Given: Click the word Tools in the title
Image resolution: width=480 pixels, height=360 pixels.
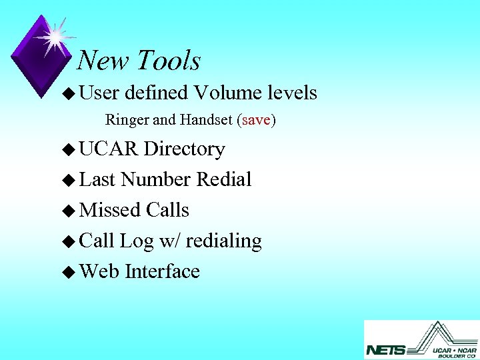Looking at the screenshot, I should pyautogui.click(x=169, y=61).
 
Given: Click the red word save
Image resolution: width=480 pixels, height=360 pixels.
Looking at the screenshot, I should pyautogui.click(x=257, y=121).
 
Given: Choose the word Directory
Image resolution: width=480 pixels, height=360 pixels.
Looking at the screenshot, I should pyautogui.click(x=184, y=149).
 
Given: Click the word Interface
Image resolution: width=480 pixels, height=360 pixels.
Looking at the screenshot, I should pyautogui.click(x=162, y=271).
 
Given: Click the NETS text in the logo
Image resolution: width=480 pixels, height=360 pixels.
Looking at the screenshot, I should pyautogui.click(x=385, y=349).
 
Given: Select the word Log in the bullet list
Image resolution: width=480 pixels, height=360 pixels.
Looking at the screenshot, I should pyautogui.click(x=137, y=241).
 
